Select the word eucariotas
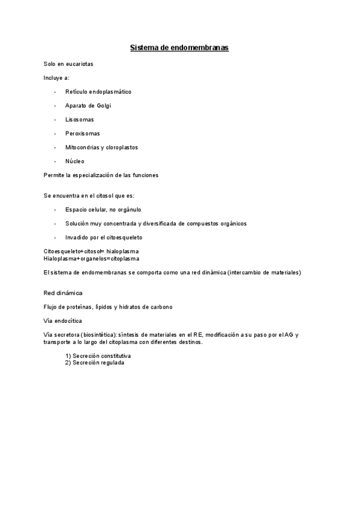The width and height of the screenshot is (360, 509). tap(80, 64)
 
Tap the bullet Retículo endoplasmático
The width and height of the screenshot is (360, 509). tap(98, 92)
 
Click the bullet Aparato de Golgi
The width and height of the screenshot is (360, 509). tap(88, 106)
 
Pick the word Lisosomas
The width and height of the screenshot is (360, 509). tap(79, 119)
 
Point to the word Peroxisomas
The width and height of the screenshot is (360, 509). tap(82, 133)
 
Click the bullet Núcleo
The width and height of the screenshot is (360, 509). tap(75, 161)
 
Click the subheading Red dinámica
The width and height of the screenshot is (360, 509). tap(63, 293)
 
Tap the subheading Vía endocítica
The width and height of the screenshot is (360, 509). tap(63, 321)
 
